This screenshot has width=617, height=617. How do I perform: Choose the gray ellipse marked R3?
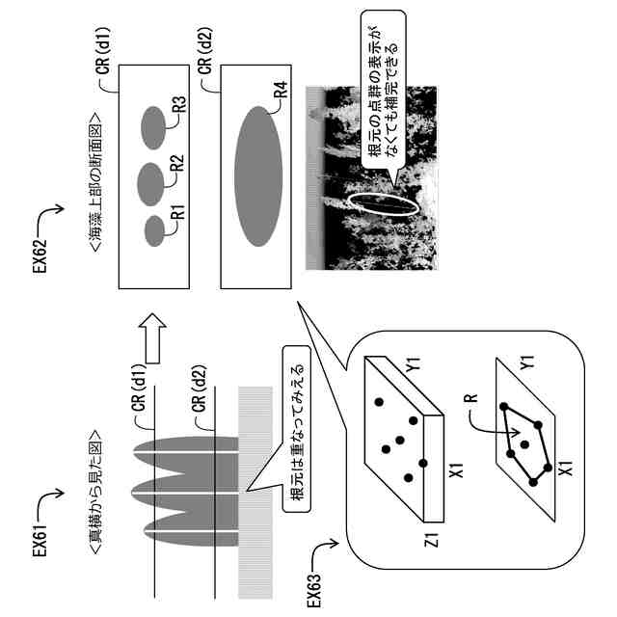(x=152, y=126)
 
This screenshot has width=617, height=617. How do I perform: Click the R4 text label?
(x=280, y=93)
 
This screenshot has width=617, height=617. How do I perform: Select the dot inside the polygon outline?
(x=525, y=443)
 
